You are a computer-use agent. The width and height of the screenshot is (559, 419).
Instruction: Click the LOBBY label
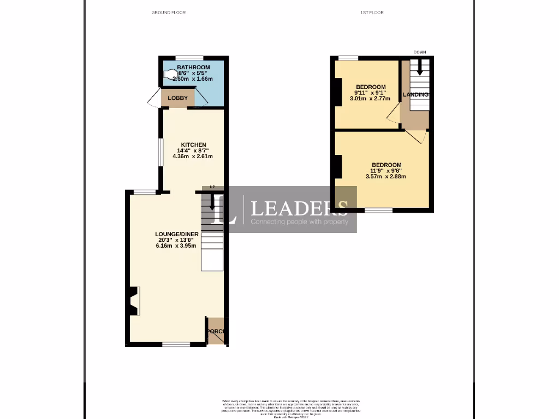pyautogui.click(x=177, y=98)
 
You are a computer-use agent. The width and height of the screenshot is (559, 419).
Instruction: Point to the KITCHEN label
pyautogui.click(x=194, y=145)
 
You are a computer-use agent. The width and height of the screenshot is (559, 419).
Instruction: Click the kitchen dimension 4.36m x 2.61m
pyautogui.click(x=193, y=157)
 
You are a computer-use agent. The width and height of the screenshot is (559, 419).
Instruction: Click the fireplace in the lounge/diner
pyautogui.click(x=133, y=301)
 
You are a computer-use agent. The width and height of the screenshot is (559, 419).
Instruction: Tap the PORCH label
pyautogui.click(x=216, y=331)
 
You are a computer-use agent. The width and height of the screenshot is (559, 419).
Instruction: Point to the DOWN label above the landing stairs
pyautogui.click(x=419, y=52)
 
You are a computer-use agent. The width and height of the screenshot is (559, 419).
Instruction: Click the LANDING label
pyautogui.click(x=415, y=95)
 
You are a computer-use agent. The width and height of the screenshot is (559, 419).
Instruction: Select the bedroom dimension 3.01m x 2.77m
pyautogui.click(x=371, y=99)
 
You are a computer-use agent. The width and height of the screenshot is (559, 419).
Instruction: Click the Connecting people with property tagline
pyautogui.click(x=299, y=222)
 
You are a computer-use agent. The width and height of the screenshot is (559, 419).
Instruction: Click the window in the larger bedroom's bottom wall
pyautogui.click(x=378, y=210)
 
